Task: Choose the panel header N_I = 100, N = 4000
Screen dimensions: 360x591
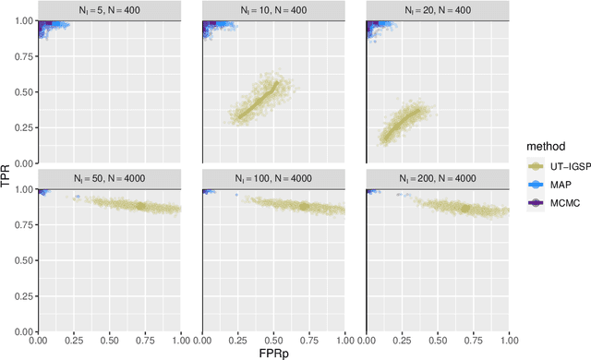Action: tap(273, 175)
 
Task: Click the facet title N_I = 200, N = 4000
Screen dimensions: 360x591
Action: tap(438, 175)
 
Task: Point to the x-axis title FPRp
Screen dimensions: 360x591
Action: tap(273, 352)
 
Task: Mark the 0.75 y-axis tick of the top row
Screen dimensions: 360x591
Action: tap(24, 57)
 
